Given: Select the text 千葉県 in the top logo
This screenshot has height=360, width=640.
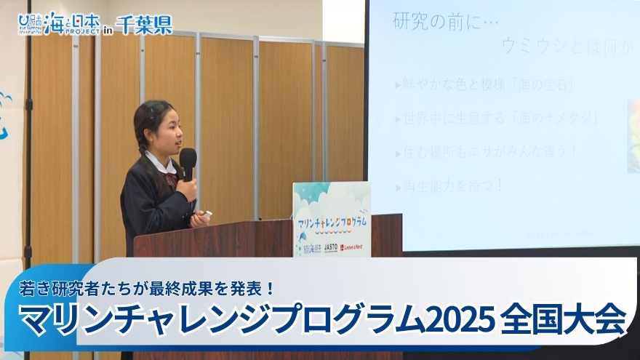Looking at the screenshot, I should tap(144, 25).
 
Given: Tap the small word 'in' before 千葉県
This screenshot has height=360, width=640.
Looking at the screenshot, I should tap(108, 29).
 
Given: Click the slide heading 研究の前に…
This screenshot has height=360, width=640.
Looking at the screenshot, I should tap(446, 21).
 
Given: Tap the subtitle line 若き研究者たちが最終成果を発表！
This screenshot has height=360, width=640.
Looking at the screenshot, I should tap(148, 288).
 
